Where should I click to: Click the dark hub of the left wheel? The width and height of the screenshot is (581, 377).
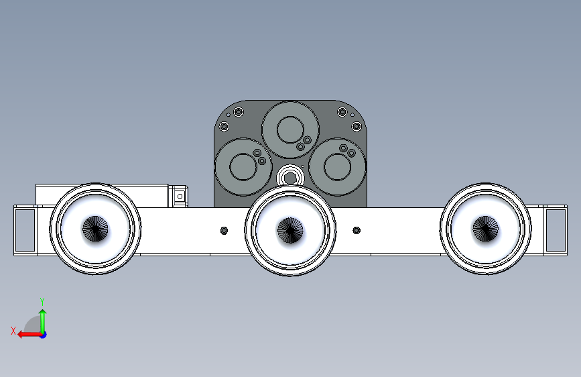95,229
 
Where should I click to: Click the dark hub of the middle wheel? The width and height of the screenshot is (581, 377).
290,231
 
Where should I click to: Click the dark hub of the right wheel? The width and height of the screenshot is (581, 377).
485,229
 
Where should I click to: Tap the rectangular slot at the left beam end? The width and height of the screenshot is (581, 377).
25,230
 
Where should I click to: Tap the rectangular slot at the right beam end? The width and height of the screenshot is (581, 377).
556,230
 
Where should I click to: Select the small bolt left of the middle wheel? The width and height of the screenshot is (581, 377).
224,231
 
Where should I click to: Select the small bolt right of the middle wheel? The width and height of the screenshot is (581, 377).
357,231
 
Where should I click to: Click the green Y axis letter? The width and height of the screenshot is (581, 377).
42,301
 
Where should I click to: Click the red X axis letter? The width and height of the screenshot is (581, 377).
13,331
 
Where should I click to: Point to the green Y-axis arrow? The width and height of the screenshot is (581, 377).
43,321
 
